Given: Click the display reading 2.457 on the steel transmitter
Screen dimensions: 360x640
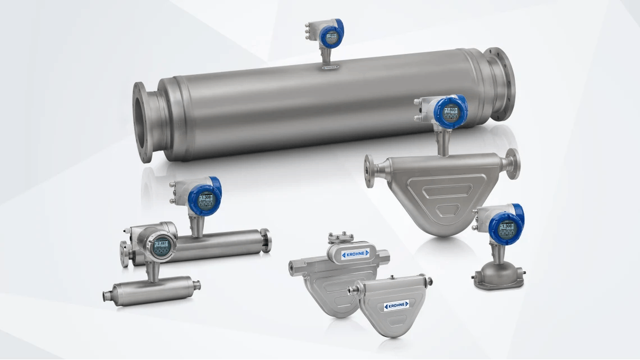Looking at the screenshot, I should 161,244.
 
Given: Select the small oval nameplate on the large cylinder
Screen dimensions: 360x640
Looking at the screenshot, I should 330,68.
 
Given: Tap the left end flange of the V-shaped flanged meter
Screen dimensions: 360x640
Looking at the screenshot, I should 371,171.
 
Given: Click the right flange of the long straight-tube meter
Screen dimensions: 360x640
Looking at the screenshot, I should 266,240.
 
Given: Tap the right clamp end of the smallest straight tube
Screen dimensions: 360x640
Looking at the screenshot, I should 196,285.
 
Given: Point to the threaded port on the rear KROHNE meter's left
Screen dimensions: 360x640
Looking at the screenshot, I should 293,265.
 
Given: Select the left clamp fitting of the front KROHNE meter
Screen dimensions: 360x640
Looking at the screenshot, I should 353,290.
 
